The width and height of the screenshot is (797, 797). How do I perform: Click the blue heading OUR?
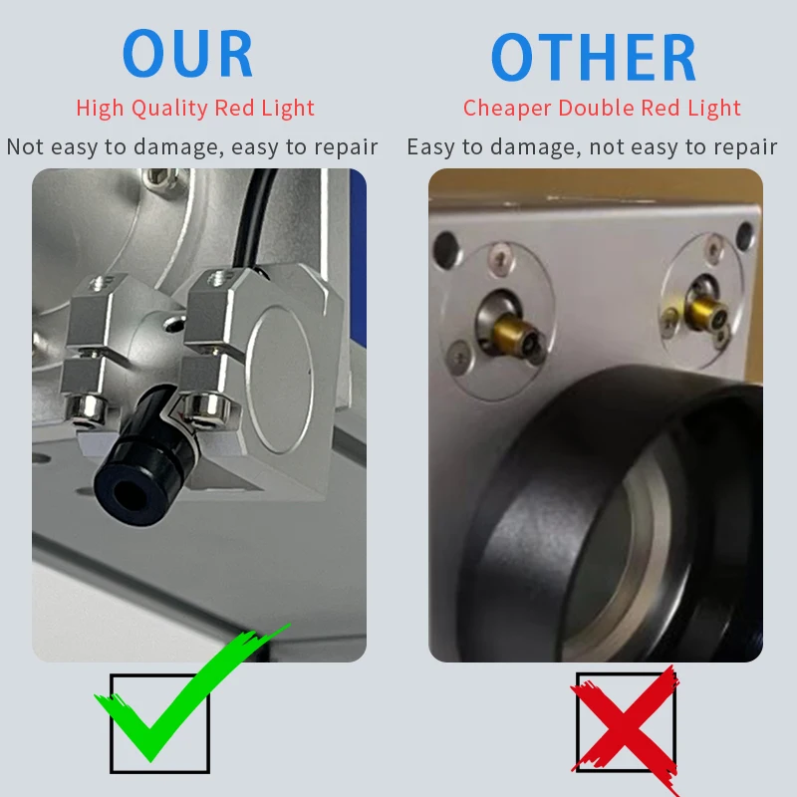[x=187, y=53]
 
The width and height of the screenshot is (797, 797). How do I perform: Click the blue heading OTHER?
[x=593, y=57]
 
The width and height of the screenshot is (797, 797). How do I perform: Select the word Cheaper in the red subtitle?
[x=507, y=109]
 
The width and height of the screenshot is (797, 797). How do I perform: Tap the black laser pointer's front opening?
[x=130, y=493]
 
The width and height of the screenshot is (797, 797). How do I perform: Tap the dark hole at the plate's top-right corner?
[x=745, y=236]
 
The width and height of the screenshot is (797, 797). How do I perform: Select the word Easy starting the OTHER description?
[x=431, y=147]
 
